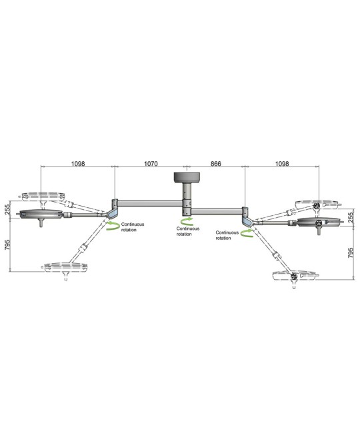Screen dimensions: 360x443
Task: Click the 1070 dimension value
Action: tap(151, 164)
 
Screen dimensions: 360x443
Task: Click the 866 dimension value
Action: tap(216, 164)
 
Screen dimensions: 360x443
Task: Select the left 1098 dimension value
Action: tap(78, 164)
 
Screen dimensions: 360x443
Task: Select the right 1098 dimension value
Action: tap(282, 164)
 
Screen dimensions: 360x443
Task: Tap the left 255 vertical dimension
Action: tap(7, 209)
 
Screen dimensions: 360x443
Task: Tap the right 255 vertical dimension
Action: tap(351, 218)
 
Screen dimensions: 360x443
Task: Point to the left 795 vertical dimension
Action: tap(7, 245)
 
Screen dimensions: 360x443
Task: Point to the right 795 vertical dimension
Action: tap(351, 253)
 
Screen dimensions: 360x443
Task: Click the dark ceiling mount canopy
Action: tap(187, 177)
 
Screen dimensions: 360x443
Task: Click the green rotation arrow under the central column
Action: tap(187, 221)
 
